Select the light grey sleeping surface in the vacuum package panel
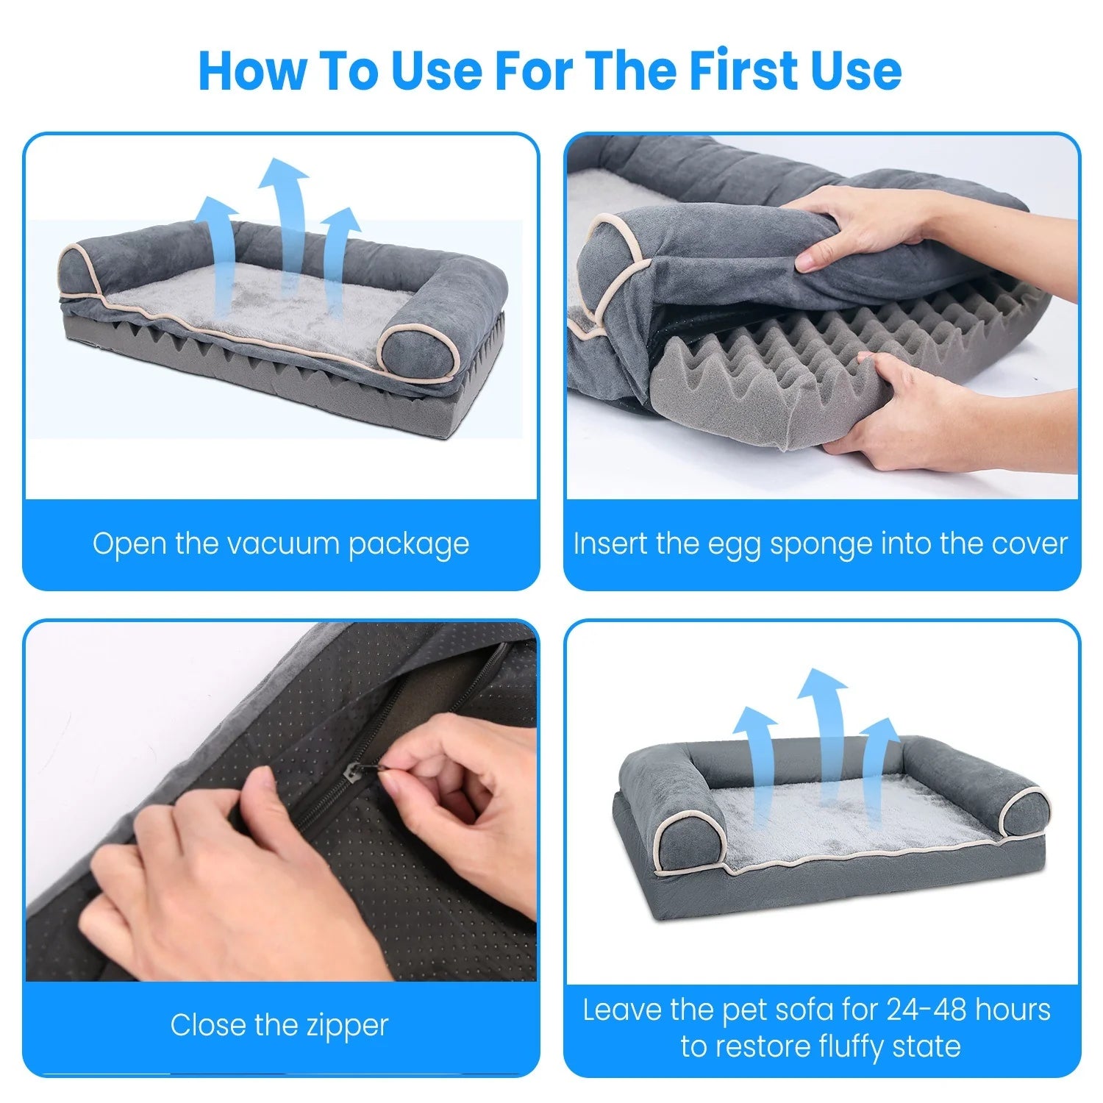(257, 309)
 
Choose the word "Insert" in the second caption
(610, 544)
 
